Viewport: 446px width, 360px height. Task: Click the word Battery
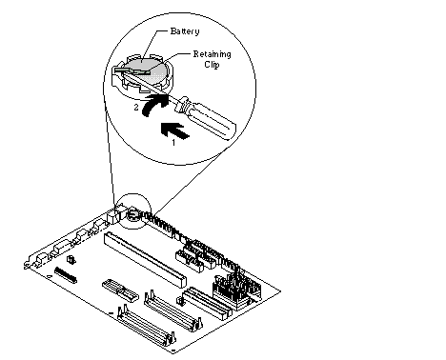[x=185, y=31]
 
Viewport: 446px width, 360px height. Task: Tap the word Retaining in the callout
[x=213, y=54]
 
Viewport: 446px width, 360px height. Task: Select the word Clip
[x=212, y=65]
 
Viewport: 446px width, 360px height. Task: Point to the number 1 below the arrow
[x=173, y=143]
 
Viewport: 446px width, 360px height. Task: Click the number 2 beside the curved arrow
[x=136, y=108]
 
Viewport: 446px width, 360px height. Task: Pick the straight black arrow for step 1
[x=175, y=130]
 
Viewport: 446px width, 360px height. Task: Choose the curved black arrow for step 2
[x=154, y=105]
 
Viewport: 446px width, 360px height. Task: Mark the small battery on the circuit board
[x=133, y=215]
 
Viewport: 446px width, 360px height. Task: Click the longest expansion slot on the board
[x=145, y=259]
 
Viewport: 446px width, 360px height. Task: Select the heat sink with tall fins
[x=237, y=289]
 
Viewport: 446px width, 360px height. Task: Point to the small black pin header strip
[x=66, y=275]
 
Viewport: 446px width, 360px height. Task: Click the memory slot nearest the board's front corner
[x=146, y=326]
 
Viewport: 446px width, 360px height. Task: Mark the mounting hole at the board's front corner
[x=173, y=351]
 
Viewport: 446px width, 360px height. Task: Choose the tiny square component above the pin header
[x=71, y=259]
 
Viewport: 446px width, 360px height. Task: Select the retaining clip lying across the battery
[x=132, y=70]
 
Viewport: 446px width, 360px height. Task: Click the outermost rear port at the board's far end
[x=39, y=260]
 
